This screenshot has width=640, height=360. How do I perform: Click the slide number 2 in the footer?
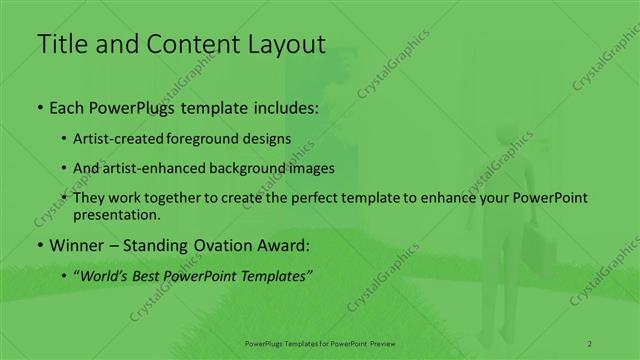coord(589,343)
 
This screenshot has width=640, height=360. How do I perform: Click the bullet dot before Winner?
coord(39,245)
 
